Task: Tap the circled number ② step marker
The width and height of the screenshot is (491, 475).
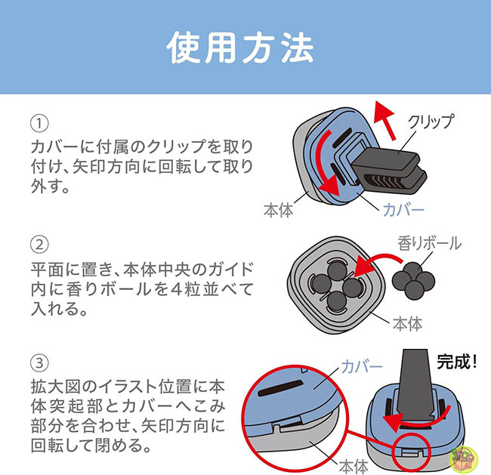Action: click(x=39, y=245)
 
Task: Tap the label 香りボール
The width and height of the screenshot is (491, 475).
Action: click(x=428, y=245)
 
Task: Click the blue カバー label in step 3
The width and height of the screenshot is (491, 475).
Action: click(x=361, y=367)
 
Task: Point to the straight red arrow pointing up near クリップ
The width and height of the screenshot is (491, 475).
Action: click(x=386, y=121)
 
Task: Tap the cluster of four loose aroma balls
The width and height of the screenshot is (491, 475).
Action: click(x=417, y=281)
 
